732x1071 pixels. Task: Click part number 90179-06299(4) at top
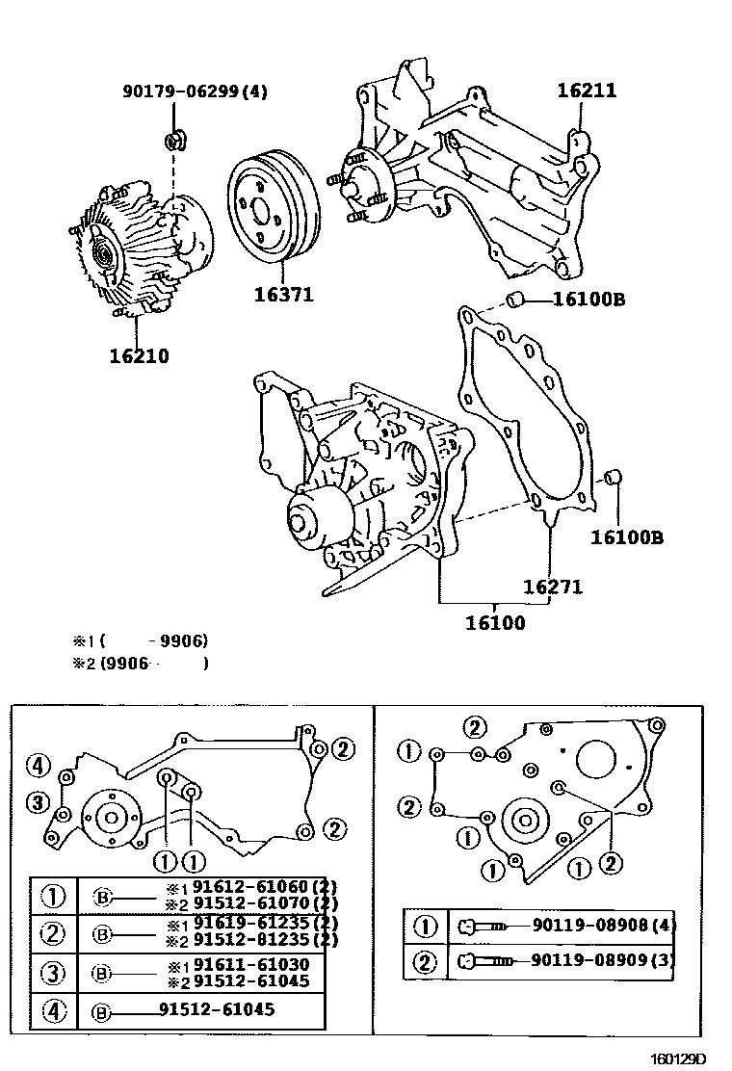[x=195, y=91]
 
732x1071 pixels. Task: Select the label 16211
[x=586, y=91]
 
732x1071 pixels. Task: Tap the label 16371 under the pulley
[x=283, y=294]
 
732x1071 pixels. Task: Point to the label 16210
[x=139, y=356]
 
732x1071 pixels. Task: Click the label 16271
[x=553, y=587]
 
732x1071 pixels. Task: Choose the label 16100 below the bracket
[x=495, y=623]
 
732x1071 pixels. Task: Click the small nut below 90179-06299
[x=175, y=142]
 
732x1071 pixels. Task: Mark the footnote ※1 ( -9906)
[x=141, y=640]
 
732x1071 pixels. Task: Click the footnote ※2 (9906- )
[x=141, y=663]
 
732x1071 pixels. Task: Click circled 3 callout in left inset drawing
[x=38, y=802]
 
